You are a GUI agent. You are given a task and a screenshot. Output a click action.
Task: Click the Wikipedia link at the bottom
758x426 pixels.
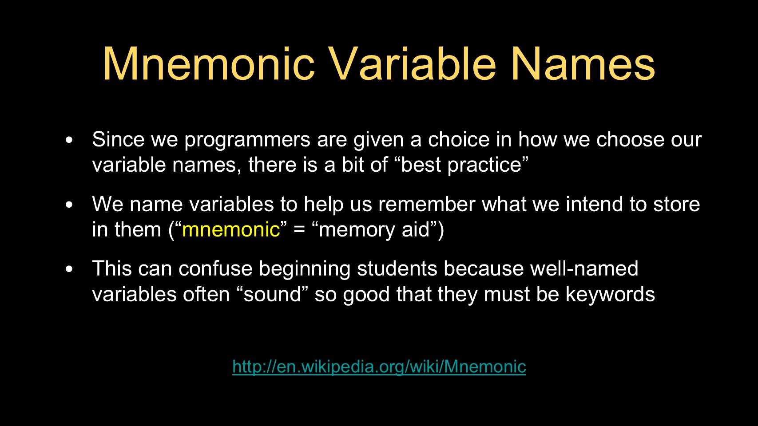pos(379,367)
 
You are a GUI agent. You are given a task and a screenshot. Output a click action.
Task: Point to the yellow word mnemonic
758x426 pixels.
pos(231,229)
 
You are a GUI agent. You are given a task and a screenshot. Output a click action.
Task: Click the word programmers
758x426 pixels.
pos(247,140)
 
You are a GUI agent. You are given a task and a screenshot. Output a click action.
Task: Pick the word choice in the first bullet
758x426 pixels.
pos(459,139)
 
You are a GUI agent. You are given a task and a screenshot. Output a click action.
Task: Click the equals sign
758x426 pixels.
pos(299,229)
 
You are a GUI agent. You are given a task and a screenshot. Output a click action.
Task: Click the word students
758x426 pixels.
pos(397,268)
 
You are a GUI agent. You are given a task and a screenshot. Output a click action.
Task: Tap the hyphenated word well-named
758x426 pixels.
pos(584,268)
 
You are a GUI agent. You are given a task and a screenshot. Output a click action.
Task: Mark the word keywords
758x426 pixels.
pos(610,294)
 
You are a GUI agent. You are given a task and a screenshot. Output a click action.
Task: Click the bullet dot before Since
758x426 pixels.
pos(69,140)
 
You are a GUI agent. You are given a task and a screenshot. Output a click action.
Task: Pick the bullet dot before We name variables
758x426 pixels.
pos(69,205)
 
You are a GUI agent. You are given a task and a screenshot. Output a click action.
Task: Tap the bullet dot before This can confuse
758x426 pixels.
pos(69,269)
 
